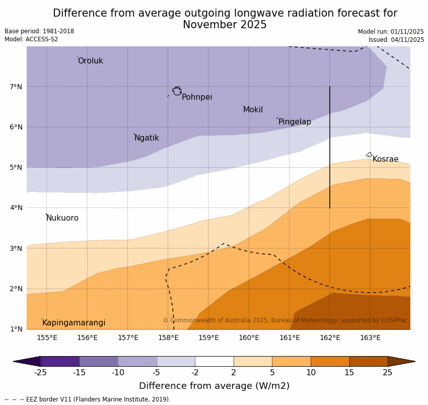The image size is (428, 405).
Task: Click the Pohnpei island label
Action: click(x=197, y=97)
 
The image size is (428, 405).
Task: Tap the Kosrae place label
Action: click(x=385, y=159)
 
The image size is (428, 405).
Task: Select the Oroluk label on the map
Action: click(x=90, y=61)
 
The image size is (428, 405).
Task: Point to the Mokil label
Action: click(x=253, y=110)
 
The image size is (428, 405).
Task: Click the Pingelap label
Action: click(x=295, y=122)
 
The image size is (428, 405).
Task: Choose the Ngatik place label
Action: click(x=147, y=138)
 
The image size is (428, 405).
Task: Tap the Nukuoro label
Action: click(x=62, y=218)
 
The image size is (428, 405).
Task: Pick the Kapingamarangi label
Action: click(x=74, y=323)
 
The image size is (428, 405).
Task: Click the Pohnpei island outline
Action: click(x=177, y=91)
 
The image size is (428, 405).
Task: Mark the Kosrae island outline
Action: click(x=369, y=155)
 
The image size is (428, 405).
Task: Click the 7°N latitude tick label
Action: click(x=16, y=87)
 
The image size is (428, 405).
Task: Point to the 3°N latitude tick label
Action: click(x=16, y=248)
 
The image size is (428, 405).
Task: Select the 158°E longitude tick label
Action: click(x=168, y=337)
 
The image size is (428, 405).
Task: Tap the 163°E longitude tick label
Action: click(x=370, y=337)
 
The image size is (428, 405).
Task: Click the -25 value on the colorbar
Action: click(x=40, y=373)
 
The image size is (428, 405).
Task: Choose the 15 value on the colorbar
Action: click(x=349, y=373)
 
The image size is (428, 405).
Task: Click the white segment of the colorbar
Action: click(x=214, y=361)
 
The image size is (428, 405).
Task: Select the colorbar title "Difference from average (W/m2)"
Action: click(x=214, y=386)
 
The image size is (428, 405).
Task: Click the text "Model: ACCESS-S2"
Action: click(x=31, y=39)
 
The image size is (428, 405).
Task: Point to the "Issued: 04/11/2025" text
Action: click(x=396, y=40)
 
